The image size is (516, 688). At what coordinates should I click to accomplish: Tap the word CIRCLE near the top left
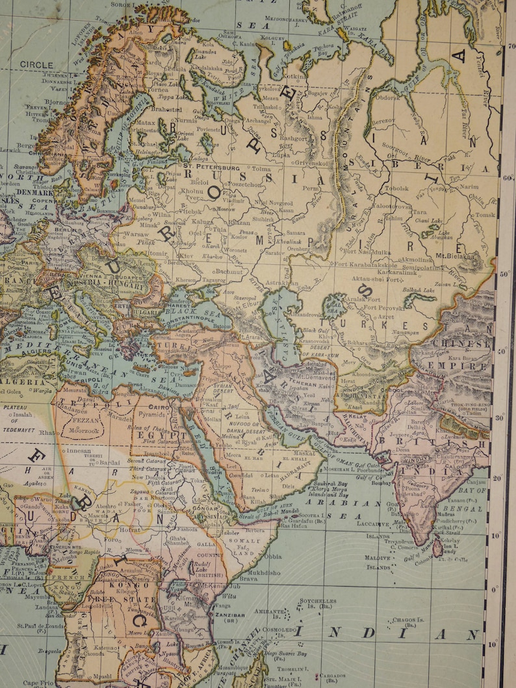pos(36,64)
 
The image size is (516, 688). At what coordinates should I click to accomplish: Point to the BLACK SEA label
pos(185,311)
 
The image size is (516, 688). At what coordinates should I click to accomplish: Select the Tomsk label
pos(484,215)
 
